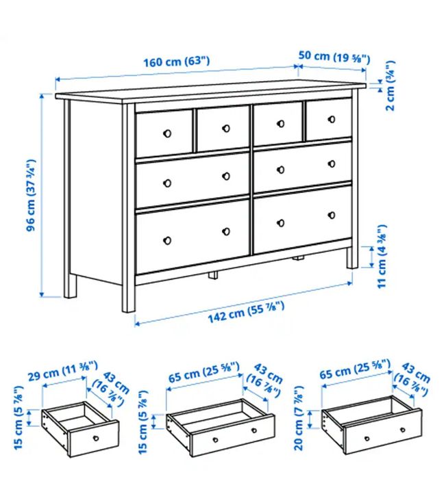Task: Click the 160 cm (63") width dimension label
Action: pyautogui.click(x=176, y=61)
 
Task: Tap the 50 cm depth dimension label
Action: pyautogui.click(x=334, y=57)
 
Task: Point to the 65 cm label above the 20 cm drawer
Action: pyautogui.click(x=355, y=372)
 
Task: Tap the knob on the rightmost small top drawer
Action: pyautogui.click(x=331, y=118)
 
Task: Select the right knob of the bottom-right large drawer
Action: pyautogui.click(x=331, y=214)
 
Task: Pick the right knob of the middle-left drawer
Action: pyautogui.click(x=226, y=176)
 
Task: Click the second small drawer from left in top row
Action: pyautogui.click(x=223, y=129)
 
